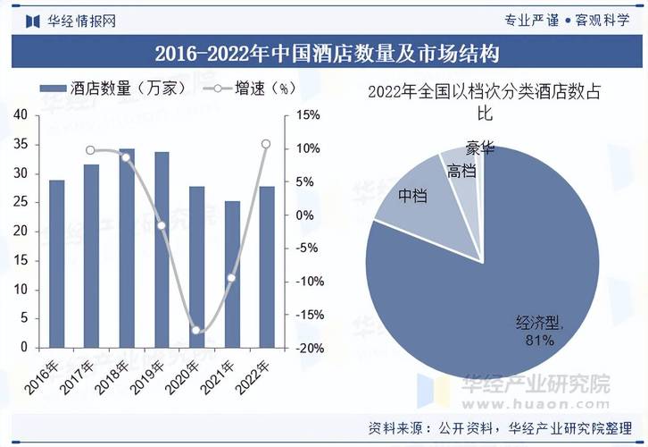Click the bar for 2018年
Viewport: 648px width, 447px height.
(x=127, y=249)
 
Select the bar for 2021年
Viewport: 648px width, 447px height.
(x=232, y=274)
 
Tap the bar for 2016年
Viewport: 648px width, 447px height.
(x=57, y=264)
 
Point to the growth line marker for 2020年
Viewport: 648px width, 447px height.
(x=197, y=331)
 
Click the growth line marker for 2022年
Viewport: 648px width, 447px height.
(x=266, y=144)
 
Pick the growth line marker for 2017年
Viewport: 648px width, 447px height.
(x=90, y=150)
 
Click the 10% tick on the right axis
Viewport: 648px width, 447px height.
(x=307, y=148)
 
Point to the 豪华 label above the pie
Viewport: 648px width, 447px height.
(x=479, y=148)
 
